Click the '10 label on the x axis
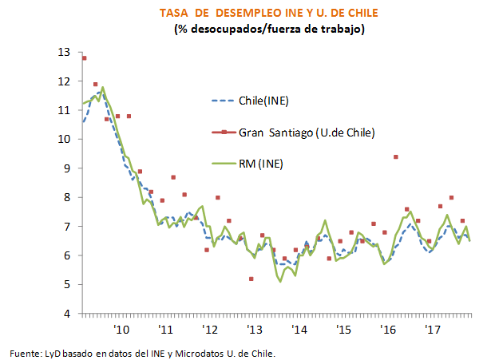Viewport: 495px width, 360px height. [121, 330]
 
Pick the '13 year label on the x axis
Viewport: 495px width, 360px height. [255, 330]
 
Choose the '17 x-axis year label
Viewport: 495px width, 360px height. [433, 330]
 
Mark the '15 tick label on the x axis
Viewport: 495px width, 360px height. [344, 330]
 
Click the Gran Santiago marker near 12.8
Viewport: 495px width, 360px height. [84, 57]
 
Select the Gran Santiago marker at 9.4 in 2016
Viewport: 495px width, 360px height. [395, 156]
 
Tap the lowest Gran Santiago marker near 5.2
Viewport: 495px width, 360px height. [251, 279]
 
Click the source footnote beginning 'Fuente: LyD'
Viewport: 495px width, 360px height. [143, 352]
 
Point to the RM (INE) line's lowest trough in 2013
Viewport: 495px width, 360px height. [280, 281]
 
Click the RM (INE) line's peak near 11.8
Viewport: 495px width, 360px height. [103, 88]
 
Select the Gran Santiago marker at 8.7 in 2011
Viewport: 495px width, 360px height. [173, 177]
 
